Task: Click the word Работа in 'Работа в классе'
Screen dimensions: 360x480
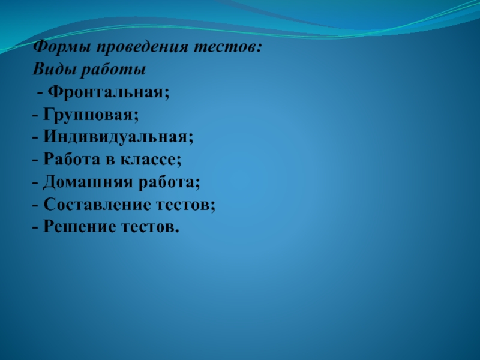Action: coord(71,160)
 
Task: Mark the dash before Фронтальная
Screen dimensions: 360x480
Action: coord(40,94)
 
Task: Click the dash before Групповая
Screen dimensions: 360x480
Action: coord(36,116)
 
